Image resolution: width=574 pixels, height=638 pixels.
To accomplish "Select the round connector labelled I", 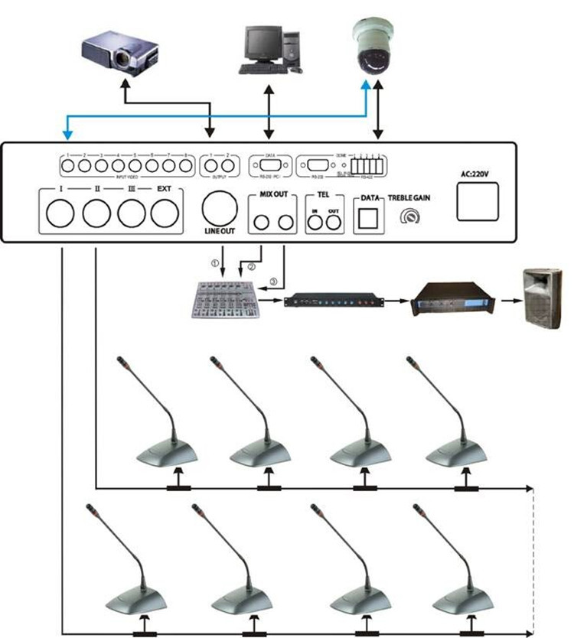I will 60,212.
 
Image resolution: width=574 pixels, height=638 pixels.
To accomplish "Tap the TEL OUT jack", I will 332,223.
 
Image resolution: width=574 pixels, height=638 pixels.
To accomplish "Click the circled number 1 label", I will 216,262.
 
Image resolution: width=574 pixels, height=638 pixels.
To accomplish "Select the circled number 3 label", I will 274,281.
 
